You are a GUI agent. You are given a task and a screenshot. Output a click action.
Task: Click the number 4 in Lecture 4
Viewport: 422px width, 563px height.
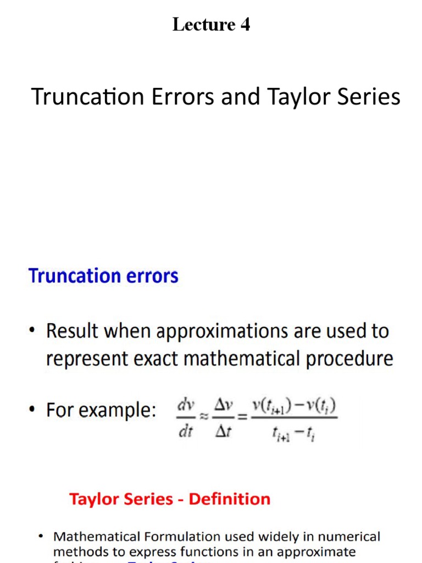[245, 25]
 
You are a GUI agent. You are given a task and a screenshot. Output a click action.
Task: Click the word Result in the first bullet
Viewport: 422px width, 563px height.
[73, 331]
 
